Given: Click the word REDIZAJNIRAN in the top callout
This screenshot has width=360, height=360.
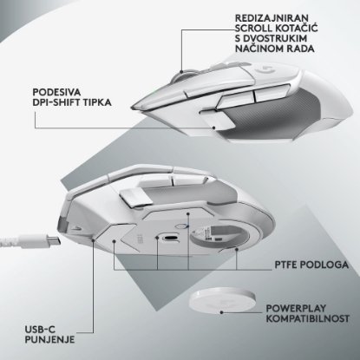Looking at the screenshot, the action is coord(272,18).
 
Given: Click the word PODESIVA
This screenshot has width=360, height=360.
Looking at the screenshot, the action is coord(56,92).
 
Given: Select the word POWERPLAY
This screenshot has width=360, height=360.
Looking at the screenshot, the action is coord(296,309).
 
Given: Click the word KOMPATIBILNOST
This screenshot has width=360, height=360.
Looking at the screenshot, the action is coord(307,319).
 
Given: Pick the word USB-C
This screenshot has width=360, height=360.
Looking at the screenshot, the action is coord(40,330).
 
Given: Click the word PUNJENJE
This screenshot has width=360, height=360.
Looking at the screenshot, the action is coord(49,339).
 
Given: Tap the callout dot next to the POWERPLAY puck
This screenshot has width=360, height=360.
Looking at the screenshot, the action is coord(221,312).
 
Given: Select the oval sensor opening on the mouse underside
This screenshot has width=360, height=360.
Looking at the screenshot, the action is coord(171,238).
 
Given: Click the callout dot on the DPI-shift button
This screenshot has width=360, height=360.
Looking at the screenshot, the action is coord(213,128).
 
